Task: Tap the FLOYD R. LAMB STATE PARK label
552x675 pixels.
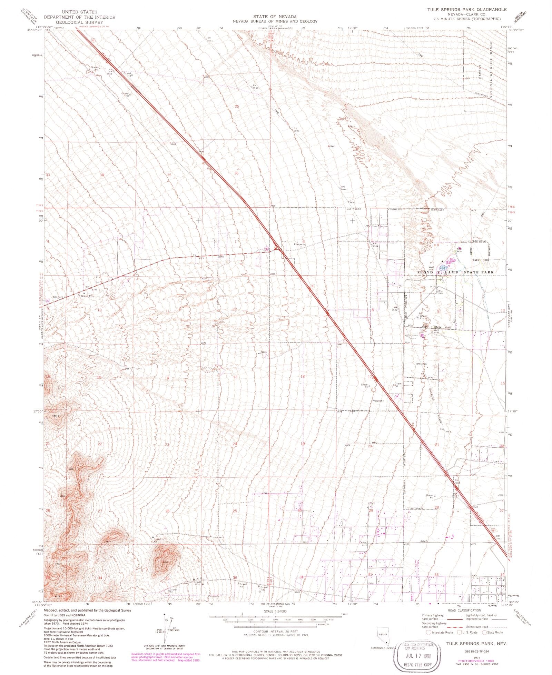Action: (x=455, y=272)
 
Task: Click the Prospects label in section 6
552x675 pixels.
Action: (x=299, y=244)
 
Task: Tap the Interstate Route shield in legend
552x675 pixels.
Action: (x=428, y=632)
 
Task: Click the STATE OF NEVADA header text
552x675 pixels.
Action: (x=275, y=17)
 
